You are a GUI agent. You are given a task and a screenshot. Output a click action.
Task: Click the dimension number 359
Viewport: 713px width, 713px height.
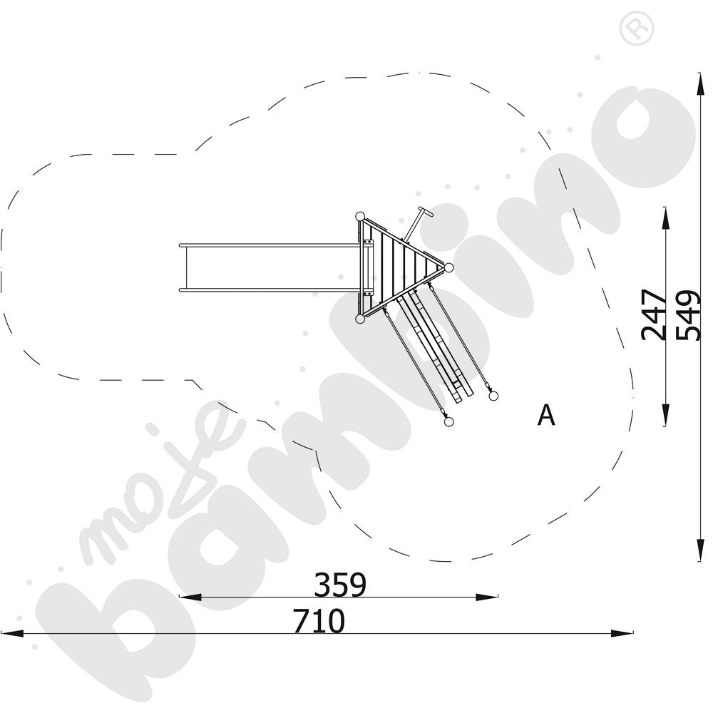coord(340,585)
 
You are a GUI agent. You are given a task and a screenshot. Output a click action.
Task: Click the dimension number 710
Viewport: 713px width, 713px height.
coord(319,621)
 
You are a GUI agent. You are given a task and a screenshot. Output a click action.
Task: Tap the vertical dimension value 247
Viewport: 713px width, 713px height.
coord(653,314)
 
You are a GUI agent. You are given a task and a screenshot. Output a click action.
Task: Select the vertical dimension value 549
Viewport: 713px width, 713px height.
coord(687,315)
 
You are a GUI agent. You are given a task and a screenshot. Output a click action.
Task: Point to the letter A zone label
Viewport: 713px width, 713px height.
coord(546,415)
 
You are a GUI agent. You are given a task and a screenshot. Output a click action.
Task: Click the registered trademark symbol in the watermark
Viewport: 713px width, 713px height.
coord(637,29)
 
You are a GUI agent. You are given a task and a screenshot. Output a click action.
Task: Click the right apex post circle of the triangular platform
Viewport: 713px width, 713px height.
coord(448,267)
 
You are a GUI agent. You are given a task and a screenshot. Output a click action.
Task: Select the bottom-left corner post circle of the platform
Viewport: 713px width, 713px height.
coord(359,319)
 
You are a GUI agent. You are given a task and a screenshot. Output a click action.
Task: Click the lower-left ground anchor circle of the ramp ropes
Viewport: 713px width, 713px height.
coord(448,422)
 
